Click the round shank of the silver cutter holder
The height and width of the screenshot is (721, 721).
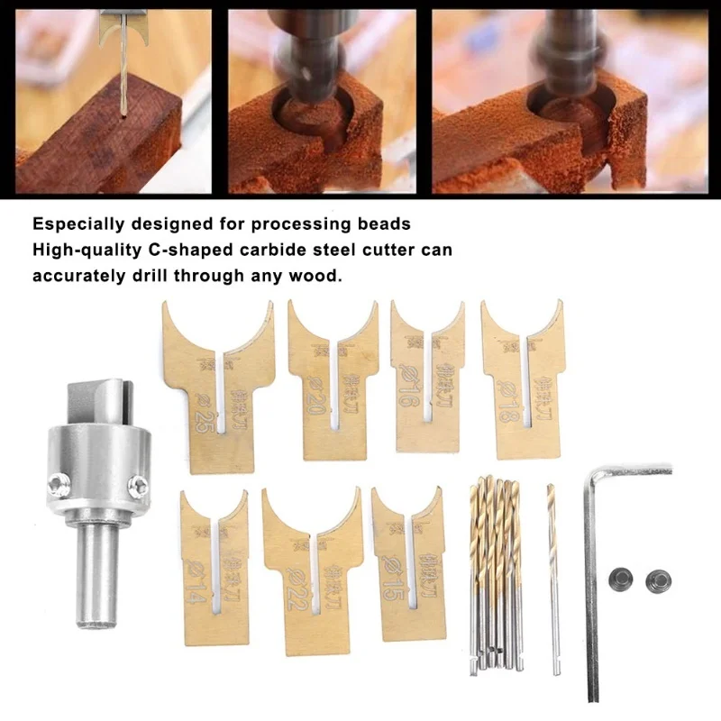pyautogui.click(x=99, y=577)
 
